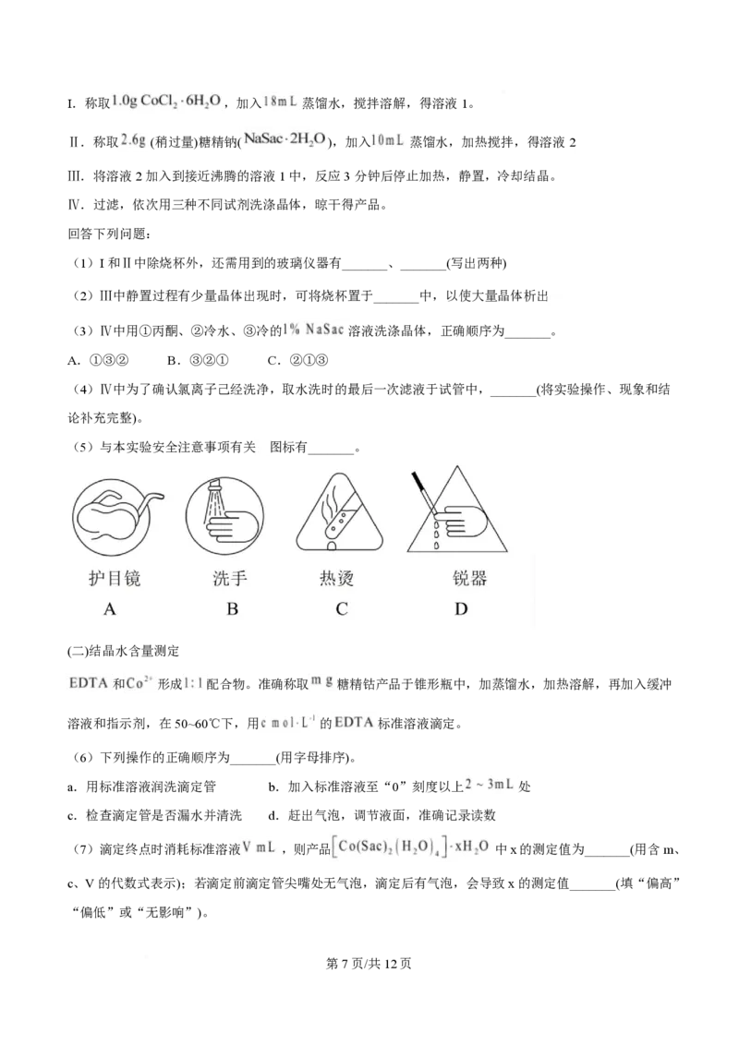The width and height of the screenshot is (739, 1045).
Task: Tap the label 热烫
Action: (337, 579)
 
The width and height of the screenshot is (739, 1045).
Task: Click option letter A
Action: (110, 609)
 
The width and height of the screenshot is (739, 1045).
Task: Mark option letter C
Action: (341, 609)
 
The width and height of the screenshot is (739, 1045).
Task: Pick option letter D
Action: (461, 609)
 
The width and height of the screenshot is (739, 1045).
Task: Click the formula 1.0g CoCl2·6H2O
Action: (166, 101)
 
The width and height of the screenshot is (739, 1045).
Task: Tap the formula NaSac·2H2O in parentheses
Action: (284, 140)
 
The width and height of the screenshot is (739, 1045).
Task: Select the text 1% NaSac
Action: (317, 330)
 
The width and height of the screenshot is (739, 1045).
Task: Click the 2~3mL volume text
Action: (487, 785)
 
